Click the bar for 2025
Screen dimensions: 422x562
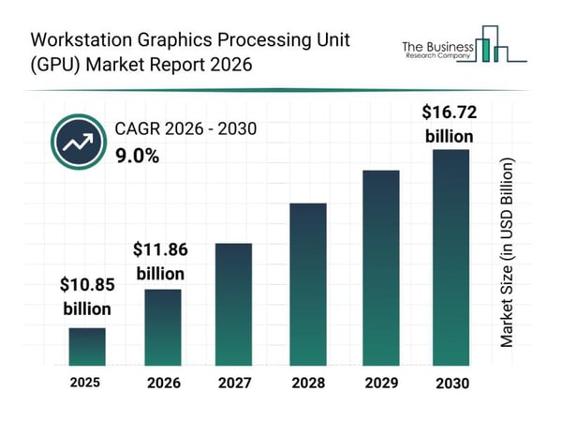86,346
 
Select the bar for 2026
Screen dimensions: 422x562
162,326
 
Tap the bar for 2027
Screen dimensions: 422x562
234,304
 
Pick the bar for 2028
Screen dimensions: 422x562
308,284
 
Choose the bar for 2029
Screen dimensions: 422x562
380,267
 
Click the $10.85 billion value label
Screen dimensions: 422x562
87,295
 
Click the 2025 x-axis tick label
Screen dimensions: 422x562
86,384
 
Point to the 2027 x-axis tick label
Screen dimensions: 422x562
234,384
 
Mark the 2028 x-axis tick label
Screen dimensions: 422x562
308,384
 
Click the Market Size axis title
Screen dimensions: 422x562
507,252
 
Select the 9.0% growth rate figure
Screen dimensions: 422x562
137,157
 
